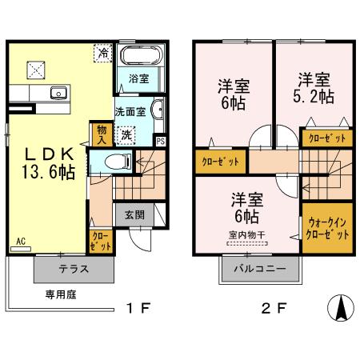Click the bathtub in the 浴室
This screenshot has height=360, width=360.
(142, 55)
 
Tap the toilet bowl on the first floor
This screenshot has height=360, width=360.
(118, 162)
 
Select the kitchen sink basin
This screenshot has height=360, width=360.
(58, 93)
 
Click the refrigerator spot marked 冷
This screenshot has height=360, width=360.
(103, 53)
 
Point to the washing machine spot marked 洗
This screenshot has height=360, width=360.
(126, 135)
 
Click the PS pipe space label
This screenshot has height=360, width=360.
(161, 142)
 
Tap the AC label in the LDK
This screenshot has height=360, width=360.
(21, 242)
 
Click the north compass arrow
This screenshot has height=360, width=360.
(341, 308)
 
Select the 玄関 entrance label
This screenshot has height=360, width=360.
(135, 214)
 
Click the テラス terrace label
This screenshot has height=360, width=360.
(74, 269)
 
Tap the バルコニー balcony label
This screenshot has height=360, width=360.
(260, 268)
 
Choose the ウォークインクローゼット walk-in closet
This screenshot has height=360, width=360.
(327, 228)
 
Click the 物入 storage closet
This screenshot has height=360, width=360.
(102, 134)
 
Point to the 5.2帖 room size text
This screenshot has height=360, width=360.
(314, 97)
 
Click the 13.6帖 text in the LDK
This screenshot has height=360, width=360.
(48, 172)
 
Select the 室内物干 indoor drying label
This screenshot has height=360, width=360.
(247, 235)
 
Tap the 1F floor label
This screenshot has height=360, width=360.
(138, 308)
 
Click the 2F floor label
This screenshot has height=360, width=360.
(274, 308)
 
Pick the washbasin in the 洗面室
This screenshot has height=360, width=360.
(158, 110)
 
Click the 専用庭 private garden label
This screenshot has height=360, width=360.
(61, 294)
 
